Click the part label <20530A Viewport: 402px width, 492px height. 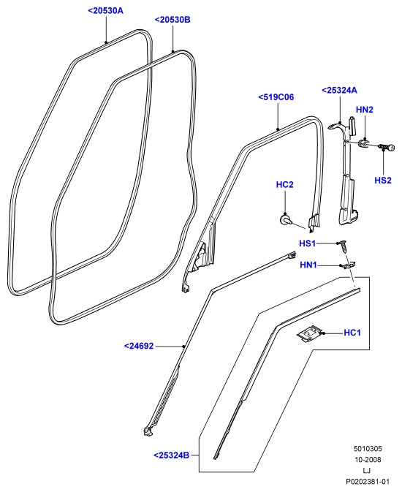click(106, 11)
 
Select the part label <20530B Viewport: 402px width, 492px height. click(172, 20)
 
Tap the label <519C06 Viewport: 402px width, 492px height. click(276, 97)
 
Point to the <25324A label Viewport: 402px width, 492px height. click(340, 91)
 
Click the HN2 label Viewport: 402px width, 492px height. click(365, 110)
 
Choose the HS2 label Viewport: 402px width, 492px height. click(383, 181)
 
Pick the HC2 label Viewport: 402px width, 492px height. click(284, 184)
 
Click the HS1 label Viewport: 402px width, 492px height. click(307, 243)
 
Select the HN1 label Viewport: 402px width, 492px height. click(308, 265)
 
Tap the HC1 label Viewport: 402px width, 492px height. click(352, 333)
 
